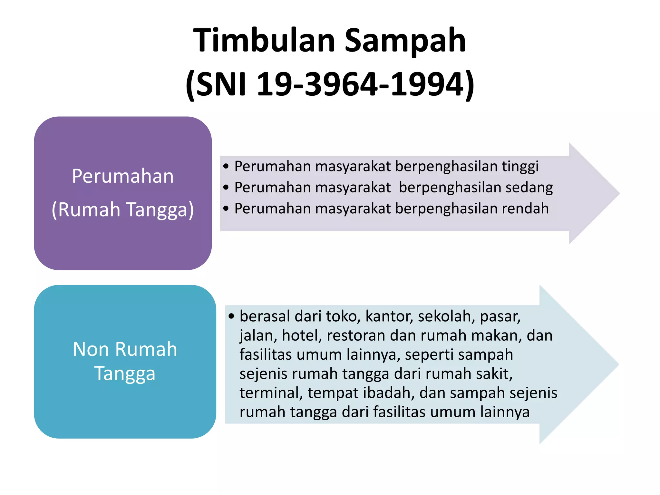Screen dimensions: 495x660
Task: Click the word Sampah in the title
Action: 405,41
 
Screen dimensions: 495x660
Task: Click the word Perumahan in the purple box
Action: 123,176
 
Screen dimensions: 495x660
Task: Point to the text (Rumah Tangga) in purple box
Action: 123,209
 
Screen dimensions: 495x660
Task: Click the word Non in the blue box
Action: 91,349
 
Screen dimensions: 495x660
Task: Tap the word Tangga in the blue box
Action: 125,374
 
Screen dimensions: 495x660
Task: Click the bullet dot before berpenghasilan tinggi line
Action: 226,167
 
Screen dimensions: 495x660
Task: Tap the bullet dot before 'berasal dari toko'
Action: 231,316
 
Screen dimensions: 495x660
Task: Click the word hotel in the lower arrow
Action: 302,335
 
